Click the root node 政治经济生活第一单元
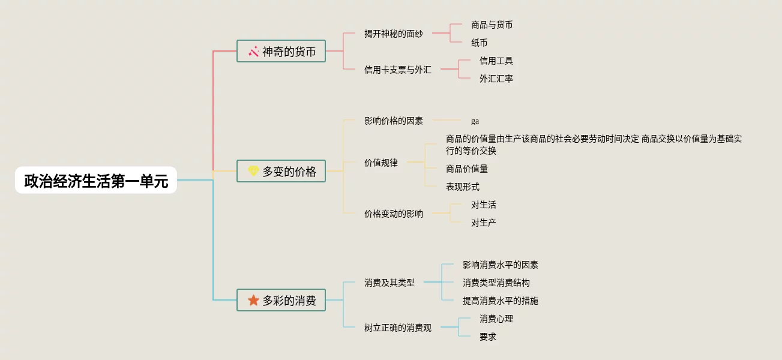tap(96, 180)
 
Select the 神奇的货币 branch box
tap(281, 52)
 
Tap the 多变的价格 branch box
tap(281, 172)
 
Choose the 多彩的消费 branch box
tap(281, 300)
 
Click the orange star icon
tap(253, 300)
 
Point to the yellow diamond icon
tap(253, 172)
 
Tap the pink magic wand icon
tap(253, 52)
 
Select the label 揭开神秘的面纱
tap(393, 34)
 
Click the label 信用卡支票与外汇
tap(397, 70)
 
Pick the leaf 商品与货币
tap(492, 25)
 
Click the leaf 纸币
tap(479, 43)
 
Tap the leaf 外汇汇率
tap(496, 79)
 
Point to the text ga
tap(475, 121)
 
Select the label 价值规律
tap(380, 163)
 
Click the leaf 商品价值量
tap(466, 169)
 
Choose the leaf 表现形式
tap(462, 187)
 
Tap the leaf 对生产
tap(483, 223)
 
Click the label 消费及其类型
tap(389, 283)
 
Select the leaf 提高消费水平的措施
tap(500, 301)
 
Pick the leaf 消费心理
tap(496, 319)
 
